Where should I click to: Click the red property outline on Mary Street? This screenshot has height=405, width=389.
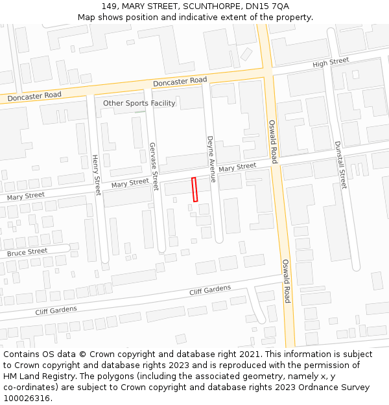pos(194,189)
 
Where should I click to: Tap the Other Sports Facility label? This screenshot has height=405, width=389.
pos(139,103)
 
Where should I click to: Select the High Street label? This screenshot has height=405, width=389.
pos(331,63)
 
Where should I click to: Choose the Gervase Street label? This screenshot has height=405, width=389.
pos(154,167)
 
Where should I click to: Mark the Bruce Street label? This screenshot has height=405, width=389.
pos(27,251)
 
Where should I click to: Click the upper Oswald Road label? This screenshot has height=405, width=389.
pos(273,141)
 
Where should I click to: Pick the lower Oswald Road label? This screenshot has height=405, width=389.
pos(286,281)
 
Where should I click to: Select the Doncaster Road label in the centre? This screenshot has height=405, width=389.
pos(180,81)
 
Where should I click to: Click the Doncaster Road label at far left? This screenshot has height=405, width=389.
pos(34,96)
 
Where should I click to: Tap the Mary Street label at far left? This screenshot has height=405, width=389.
pos(26,195)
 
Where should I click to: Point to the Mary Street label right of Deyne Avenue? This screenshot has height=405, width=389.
pos(237,167)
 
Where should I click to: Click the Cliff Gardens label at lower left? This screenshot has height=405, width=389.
pos(56,310)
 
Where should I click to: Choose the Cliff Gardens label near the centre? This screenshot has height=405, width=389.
pos(210,290)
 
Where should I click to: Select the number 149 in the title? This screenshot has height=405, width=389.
pos(108,6)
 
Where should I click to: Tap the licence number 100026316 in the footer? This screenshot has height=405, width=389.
pos(27,399)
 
